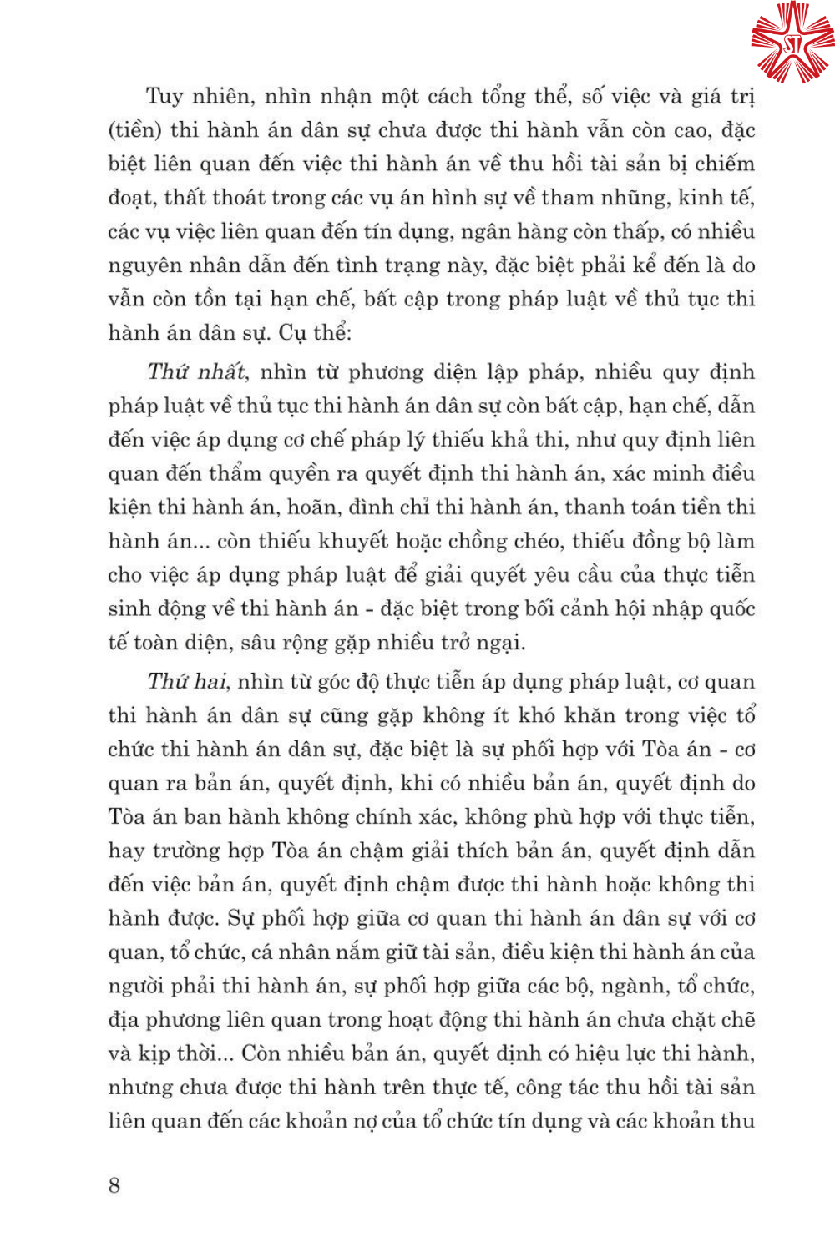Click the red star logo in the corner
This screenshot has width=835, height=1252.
(x=791, y=42)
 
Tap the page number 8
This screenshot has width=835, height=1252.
(x=114, y=1185)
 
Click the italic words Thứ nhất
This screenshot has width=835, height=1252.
(x=197, y=371)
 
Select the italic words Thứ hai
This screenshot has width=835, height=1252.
(x=187, y=682)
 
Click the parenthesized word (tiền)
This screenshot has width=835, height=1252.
(x=134, y=130)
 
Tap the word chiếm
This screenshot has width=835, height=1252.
(x=724, y=164)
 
